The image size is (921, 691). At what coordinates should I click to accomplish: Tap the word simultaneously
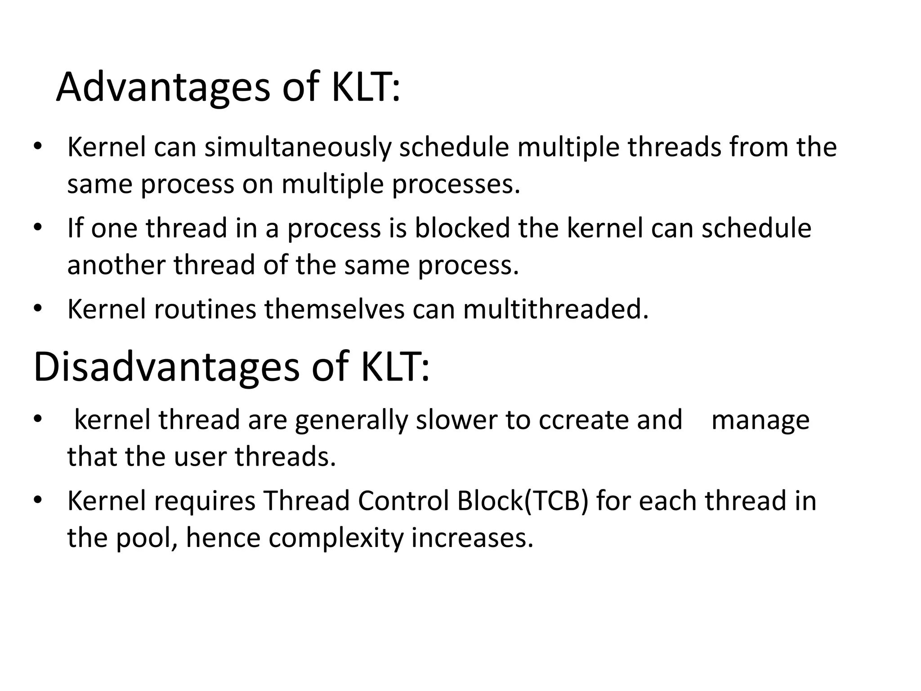pyautogui.click(x=297, y=148)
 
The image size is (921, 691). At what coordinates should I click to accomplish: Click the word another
pyautogui.click(x=116, y=265)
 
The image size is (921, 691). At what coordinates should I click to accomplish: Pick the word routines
pyautogui.click(x=205, y=310)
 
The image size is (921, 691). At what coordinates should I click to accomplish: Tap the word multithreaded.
pyautogui.click(x=556, y=310)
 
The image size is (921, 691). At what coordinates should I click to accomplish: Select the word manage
pyautogui.click(x=760, y=420)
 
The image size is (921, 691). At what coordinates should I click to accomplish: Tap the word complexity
pyautogui.click(x=335, y=538)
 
